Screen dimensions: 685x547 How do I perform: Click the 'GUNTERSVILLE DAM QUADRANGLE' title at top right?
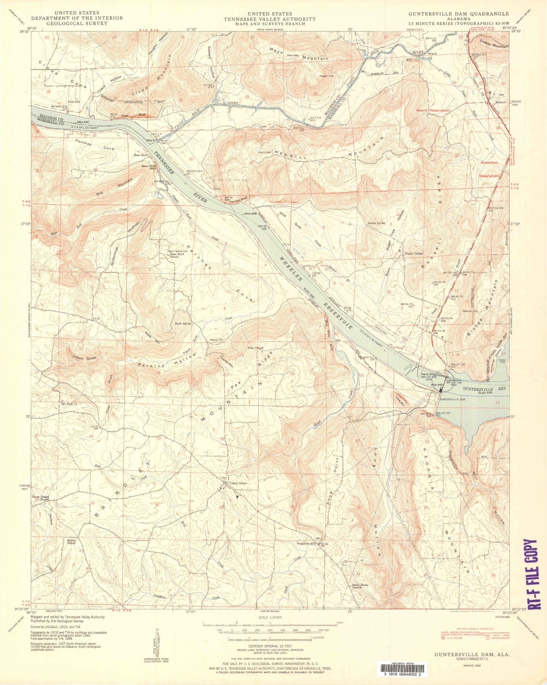(x=458, y=13)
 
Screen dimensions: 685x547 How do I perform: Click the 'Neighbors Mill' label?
(x=307, y=544)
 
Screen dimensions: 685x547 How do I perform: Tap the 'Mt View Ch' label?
(x=69, y=403)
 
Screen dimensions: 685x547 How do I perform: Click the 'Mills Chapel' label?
(x=255, y=347)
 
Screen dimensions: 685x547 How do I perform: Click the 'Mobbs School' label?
(x=71, y=541)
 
